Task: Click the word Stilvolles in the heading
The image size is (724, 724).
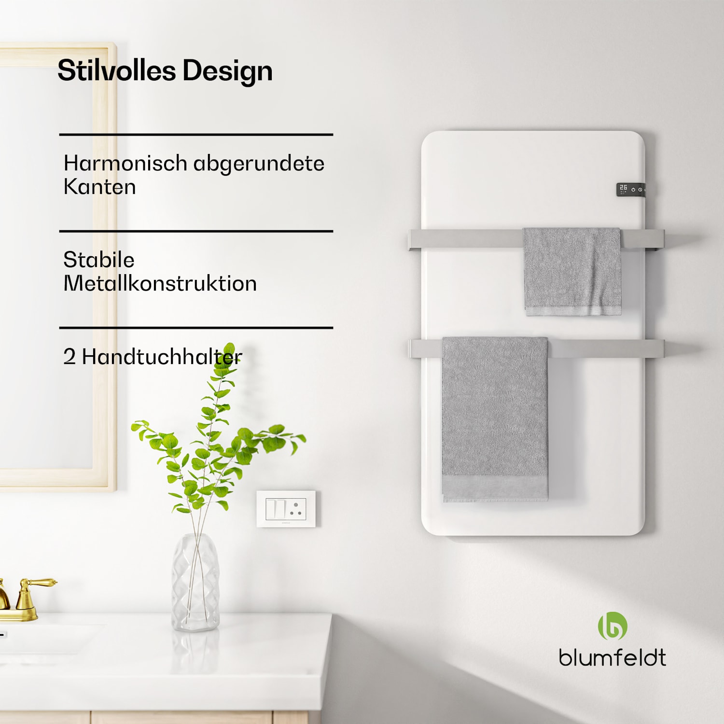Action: click(116, 70)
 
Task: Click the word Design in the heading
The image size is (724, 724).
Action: click(227, 71)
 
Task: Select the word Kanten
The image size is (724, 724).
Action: click(99, 187)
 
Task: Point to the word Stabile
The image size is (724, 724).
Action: click(99, 260)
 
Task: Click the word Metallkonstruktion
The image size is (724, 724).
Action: click(160, 283)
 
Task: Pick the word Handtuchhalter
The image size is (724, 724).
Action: click(162, 357)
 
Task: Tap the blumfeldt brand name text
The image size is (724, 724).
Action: click(612, 657)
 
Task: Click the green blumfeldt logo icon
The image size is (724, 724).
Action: click(613, 626)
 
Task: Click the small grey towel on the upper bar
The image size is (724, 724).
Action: click(572, 270)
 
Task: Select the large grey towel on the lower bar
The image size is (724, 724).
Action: click(495, 418)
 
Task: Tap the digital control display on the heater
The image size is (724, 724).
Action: click(630, 190)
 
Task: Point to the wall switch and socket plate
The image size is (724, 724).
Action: click(286, 509)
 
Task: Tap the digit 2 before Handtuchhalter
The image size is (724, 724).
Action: click(70, 357)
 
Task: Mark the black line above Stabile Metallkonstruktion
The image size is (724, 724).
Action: click(196, 231)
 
